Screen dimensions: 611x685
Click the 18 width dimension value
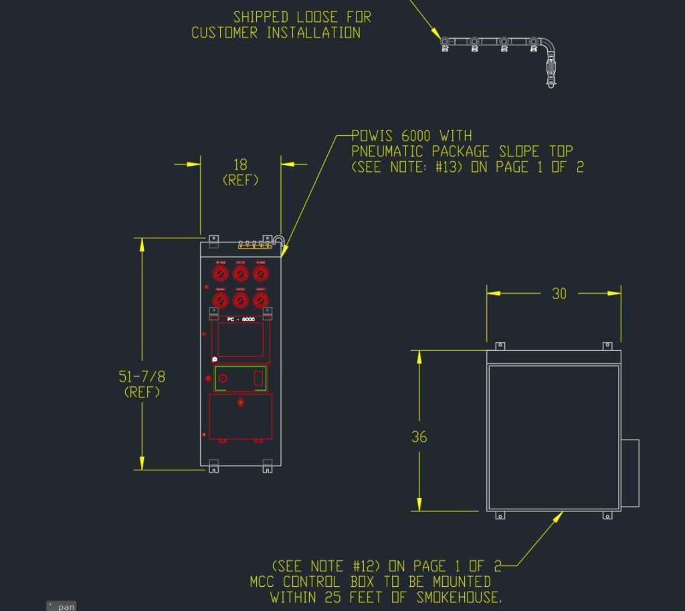[240, 165]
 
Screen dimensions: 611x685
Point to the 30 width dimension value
[559, 293]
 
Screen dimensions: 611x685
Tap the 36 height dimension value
[419, 437]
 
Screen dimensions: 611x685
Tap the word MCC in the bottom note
[263, 582]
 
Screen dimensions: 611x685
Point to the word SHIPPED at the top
[260, 17]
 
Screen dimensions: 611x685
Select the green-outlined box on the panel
[240, 378]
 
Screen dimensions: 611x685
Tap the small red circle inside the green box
[223, 379]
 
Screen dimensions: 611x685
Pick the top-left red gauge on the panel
[220, 273]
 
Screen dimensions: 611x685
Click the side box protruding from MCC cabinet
[630, 472]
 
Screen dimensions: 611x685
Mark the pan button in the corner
[62, 606]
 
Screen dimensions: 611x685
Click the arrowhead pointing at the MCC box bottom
[560, 515]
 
